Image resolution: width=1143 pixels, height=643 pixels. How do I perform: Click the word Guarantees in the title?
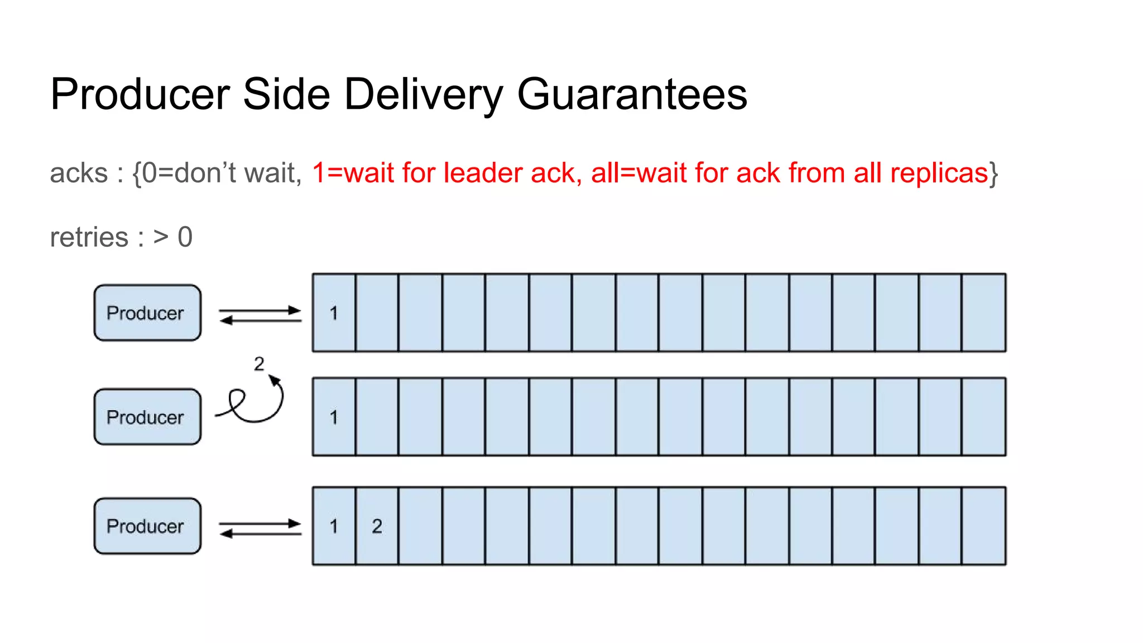632,94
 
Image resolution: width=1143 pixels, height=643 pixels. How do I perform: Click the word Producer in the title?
140,94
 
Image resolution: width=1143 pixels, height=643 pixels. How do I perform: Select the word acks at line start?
79,173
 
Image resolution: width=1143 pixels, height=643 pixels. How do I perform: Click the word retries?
89,237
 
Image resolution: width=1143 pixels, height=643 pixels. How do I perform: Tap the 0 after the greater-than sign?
185,237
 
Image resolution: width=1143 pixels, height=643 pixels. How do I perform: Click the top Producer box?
147,313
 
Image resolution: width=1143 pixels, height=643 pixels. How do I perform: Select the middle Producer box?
147,417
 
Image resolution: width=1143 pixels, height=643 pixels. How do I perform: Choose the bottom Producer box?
147,526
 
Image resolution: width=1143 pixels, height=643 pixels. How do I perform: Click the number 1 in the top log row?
334,313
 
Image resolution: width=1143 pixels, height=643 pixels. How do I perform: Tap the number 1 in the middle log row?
334,417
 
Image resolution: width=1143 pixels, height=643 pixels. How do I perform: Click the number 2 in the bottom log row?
377,526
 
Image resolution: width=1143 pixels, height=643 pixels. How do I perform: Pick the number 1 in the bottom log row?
334,526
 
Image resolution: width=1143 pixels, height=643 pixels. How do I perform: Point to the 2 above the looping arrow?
259,364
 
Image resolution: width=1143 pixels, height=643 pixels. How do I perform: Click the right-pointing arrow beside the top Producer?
260,310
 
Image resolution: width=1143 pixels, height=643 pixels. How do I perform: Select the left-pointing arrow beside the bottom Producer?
260,534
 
